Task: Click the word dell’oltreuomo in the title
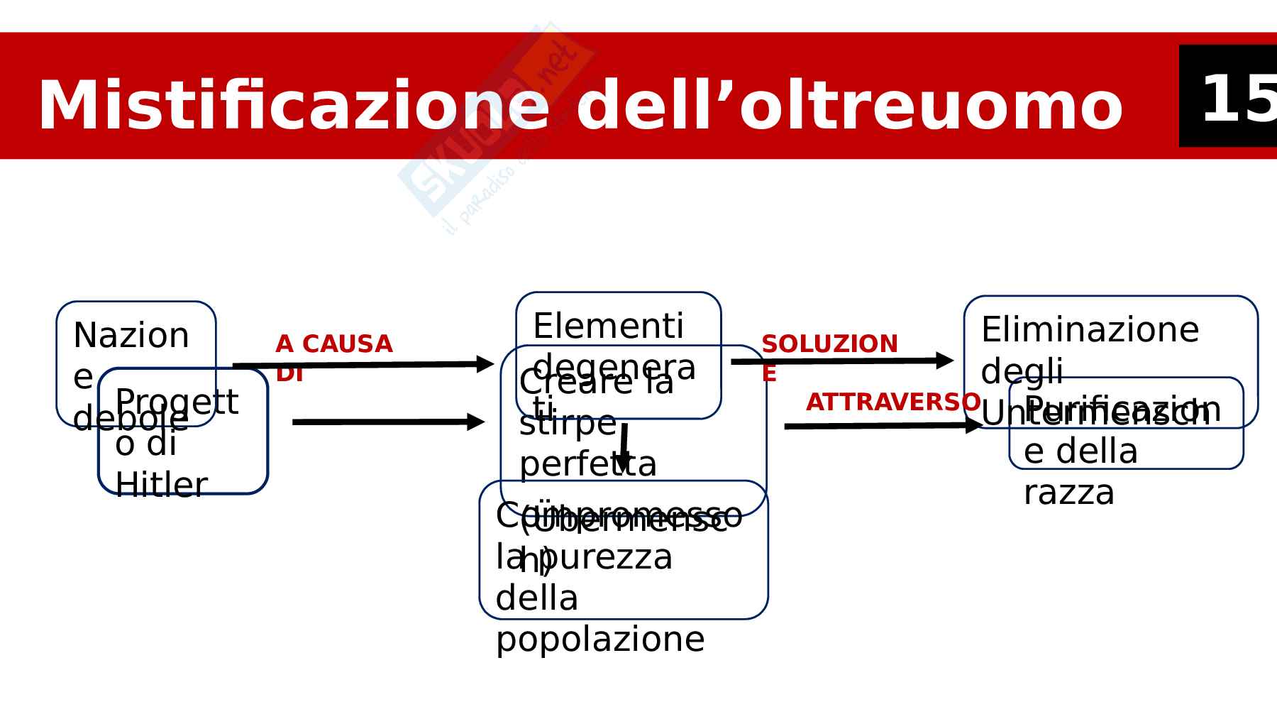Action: point(849,106)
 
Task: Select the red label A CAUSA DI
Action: point(333,357)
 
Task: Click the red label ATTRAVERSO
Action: point(893,402)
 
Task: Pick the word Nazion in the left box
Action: point(131,336)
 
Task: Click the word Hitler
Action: point(161,485)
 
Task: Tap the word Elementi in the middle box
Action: point(608,326)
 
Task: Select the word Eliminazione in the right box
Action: point(1090,330)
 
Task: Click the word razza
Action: point(1069,493)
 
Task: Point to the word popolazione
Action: point(600,640)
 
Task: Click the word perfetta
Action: point(588,465)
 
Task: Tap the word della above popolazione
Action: point(537,598)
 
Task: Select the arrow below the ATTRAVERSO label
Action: point(883,426)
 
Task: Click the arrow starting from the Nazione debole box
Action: point(362,365)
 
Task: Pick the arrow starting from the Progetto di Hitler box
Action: point(387,422)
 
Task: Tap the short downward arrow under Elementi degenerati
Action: point(623,447)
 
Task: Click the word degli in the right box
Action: point(1022,372)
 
